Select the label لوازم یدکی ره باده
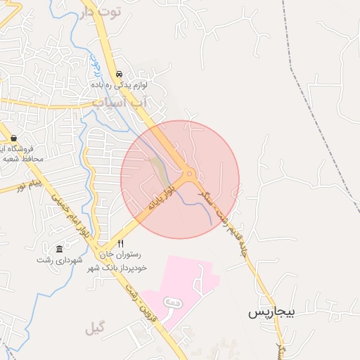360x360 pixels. (x=119, y=84)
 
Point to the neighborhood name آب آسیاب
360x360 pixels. (x=120, y=103)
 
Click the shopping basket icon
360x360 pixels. (x=13, y=138)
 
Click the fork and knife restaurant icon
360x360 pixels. (x=120, y=243)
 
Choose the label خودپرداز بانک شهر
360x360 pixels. (x=112, y=269)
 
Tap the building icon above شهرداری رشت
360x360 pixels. (x=58, y=249)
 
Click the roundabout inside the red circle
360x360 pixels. (x=189, y=174)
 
